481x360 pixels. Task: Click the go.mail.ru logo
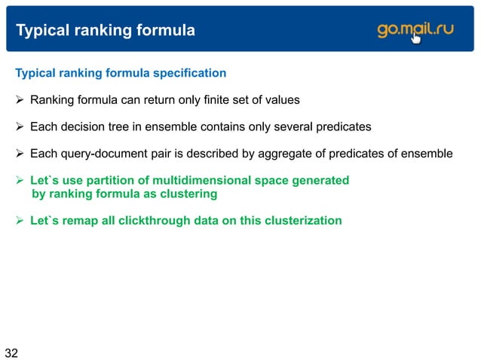point(415,31)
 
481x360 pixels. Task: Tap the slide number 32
point(11,352)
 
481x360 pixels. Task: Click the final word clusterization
point(300,221)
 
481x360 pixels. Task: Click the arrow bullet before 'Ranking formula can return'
point(21,99)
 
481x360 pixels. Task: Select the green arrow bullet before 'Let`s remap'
point(21,221)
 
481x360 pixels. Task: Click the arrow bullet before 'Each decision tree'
point(21,127)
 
